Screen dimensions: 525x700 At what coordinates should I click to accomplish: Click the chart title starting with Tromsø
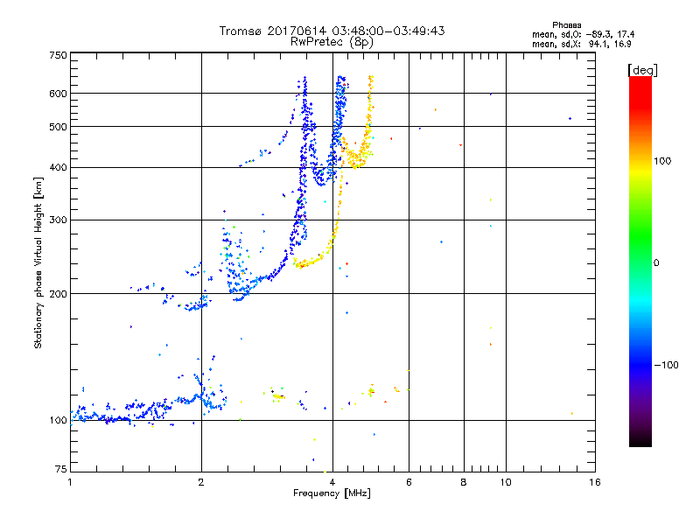[x=332, y=31]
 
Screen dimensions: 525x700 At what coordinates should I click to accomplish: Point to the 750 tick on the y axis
[x=59, y=55]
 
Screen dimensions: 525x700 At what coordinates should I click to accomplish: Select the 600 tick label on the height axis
[x=59, y=94]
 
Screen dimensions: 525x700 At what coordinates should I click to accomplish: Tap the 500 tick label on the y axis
[x=59, y=127]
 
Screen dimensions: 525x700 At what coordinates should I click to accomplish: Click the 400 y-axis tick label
[x=59, y=168]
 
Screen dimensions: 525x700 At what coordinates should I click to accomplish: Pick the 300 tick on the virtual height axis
[x=59, y=220]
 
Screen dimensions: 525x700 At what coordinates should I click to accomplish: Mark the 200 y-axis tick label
[x=59, y=294]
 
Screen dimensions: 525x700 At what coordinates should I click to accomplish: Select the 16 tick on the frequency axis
[x=594, y=482]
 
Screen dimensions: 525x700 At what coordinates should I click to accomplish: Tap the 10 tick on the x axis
[x=505, y=482]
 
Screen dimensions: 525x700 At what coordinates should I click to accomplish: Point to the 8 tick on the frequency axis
[x=464, y=482]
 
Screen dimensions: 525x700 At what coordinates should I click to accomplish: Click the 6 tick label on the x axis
[x=409, y=482]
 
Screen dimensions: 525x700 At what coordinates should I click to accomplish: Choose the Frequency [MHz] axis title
[x=332, y=493]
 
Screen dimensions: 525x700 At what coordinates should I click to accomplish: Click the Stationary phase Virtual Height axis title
[x=38, y=262]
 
